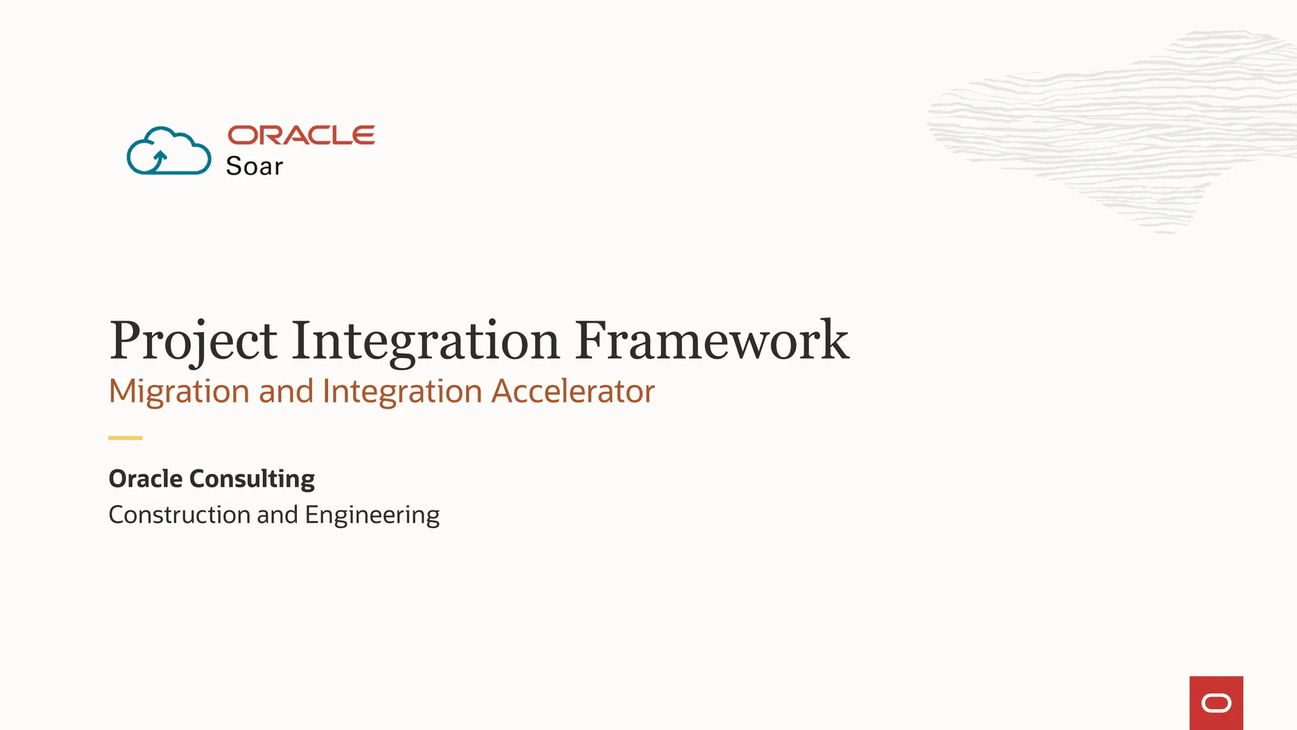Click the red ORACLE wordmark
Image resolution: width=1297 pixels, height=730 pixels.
[x=301, y=135]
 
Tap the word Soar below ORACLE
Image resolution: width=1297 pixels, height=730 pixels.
[x=254, y=166]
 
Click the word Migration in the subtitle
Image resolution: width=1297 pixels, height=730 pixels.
[x=179, y=391]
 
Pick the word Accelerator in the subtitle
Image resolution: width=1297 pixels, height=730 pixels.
[x=573, y=391]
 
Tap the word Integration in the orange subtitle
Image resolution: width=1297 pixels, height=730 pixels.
[x=402, y=391]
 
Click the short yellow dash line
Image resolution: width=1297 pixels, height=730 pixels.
[x=125, y=438]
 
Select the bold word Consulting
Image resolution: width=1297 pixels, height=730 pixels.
[x=252, y=479]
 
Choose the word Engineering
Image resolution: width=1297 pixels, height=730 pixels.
[x=372, y=515]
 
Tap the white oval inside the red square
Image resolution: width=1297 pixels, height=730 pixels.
[x=1216, y=703]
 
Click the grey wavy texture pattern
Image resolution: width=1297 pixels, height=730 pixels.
[x=1115, y=127]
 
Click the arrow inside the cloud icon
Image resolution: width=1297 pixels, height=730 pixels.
[x=159, y=160]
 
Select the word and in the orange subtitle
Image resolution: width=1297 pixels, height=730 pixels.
[x=286, y=391]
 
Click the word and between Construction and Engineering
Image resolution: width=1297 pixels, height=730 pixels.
[x=277, y=515]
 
